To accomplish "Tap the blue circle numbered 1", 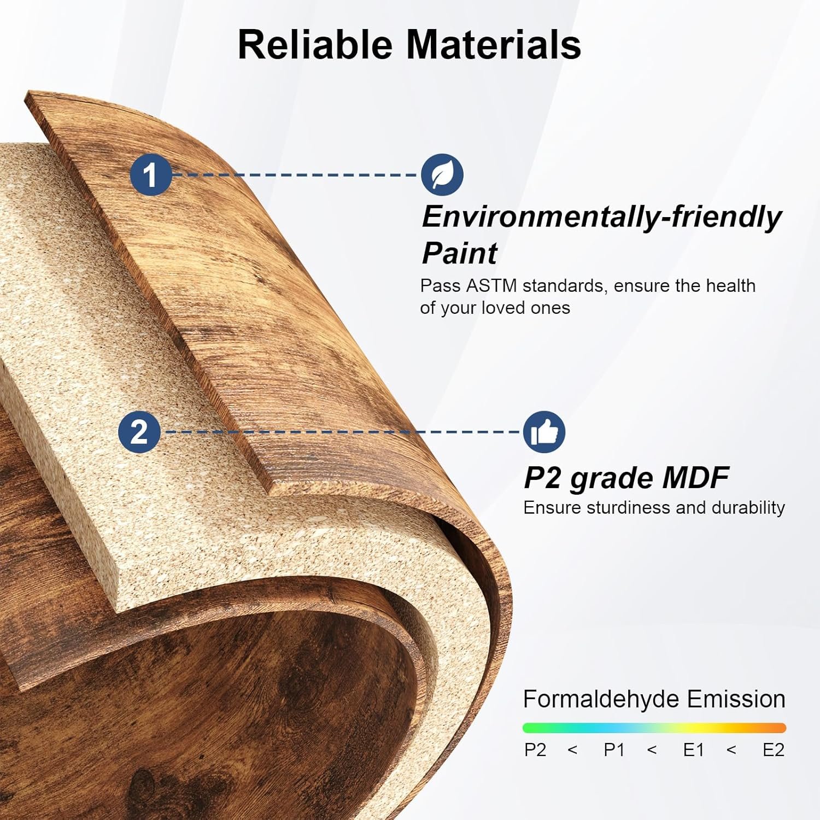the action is click(151, 175).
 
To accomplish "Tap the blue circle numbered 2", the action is click(139, 432).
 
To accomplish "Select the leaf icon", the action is click(442, 175).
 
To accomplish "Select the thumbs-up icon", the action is click(544, 432).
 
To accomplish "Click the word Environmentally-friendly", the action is click(602, 217).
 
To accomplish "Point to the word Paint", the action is click(459, 253).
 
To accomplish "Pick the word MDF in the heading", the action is click(695, 478).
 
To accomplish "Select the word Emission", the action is click(736, 699).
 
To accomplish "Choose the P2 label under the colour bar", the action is click(535, 749).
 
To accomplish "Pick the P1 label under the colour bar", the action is click(614, 749).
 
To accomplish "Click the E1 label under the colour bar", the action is click(694, 749).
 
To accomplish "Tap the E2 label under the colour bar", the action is click(774, 749).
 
